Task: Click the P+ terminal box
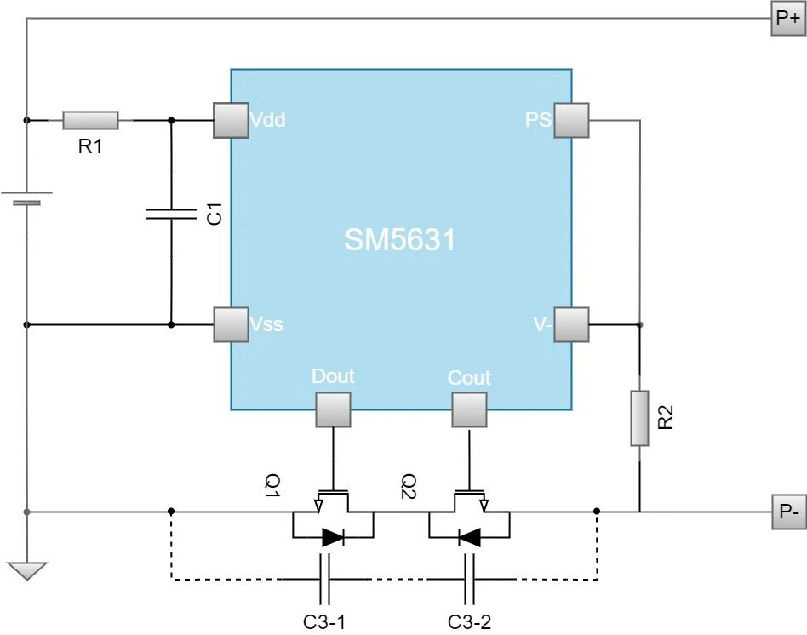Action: coord(787,18)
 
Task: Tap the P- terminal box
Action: coord(787,512)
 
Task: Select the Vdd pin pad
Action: coord(230,120)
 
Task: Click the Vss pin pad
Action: coord(230,324)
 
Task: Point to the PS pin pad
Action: coord(571,120)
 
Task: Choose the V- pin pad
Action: coord(571,324)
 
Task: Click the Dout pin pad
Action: coord(333,409)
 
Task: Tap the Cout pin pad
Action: coord(469,409)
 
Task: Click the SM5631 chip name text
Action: coord(400,240)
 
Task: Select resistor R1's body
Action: coord(90,120)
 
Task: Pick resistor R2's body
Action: coord(639,418)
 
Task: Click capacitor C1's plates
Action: coord(170,213)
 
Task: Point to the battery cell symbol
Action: coord(26,199)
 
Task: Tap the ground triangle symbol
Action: coord(26,569)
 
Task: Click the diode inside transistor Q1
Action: coord(333,537)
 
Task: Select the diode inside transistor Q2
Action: coord(469,537)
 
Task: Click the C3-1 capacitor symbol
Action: coord(325,580)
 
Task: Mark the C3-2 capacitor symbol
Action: coord(469,580)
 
